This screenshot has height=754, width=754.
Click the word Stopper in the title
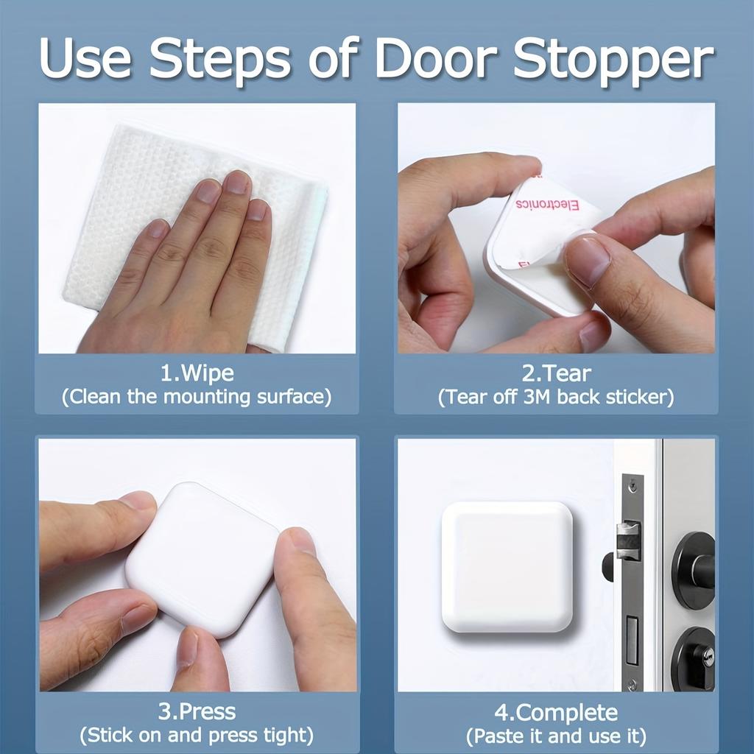613,60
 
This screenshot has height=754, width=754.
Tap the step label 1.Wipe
197,373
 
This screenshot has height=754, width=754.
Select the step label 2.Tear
556,373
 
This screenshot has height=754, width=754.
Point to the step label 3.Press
197,712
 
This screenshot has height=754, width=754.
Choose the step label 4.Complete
556,712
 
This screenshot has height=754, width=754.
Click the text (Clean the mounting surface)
197,397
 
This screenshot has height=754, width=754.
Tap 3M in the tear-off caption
537,397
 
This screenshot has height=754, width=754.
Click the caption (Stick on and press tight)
197,735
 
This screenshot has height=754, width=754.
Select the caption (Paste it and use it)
556,735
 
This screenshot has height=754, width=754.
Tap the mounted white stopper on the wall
507,567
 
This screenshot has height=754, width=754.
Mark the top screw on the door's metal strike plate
632,486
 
